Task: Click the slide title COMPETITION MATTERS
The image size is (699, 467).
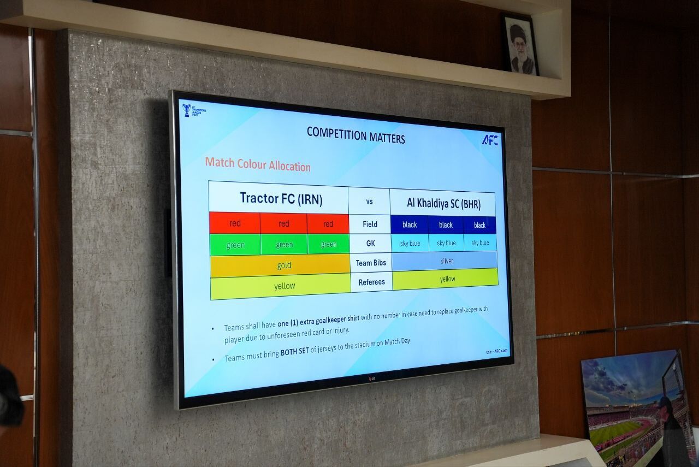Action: click(356, 135)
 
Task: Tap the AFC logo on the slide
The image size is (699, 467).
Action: click(490, 140)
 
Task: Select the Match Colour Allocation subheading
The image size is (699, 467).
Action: click(258, 164)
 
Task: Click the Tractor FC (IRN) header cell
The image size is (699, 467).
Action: click(279, 198)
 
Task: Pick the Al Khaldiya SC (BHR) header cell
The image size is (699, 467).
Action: click(442, 203)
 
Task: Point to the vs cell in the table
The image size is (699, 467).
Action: click(369, 202)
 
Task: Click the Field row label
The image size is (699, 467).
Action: click(370, 224)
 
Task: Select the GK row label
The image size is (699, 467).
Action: click(370, 243)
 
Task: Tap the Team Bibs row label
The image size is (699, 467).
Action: click(371, 263)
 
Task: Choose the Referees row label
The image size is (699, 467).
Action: click(372, 282)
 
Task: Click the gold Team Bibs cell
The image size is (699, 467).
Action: click(280, 265)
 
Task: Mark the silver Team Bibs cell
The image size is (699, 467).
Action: click(445, 261)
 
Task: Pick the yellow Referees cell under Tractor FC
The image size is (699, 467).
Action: click(281, 286)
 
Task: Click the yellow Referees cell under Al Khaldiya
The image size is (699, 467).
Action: click(446, 279)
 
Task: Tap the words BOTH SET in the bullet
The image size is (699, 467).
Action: click(294, 352)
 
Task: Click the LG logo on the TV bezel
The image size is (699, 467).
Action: click(372, 379)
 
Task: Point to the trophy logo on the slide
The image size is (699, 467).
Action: click(187, 110)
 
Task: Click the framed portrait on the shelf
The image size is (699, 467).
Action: click(520, 45)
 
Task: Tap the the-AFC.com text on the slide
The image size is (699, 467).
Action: click(497, 351)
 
